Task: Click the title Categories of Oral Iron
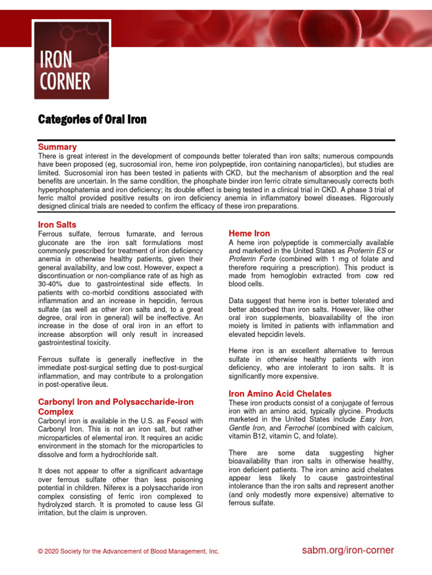tap(92, 119)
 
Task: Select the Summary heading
tap(57, 147)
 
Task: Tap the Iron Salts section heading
tap(57, 225)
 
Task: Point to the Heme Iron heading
tap(249, 233)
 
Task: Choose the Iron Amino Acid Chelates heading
tap(280, 394)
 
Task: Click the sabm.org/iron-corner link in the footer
tap(348, 550)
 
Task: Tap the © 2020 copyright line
tap(128, 551)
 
